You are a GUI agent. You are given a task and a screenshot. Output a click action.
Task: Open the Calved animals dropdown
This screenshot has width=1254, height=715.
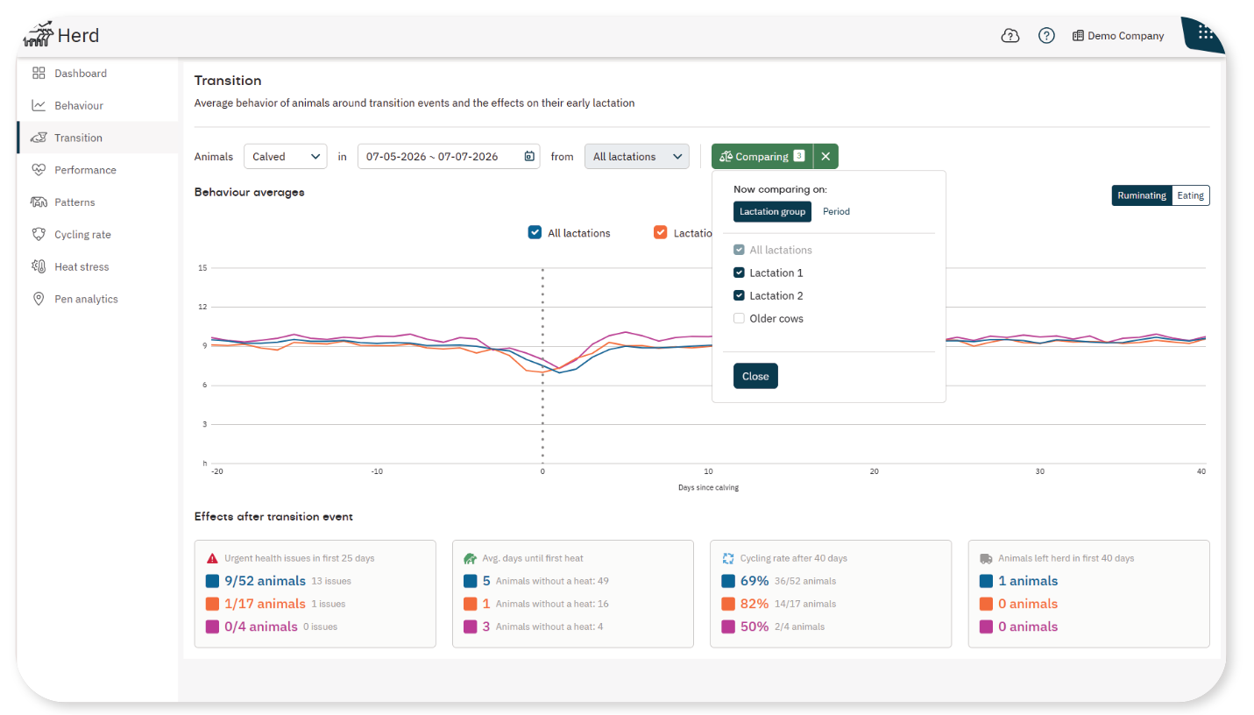tap(286, 156)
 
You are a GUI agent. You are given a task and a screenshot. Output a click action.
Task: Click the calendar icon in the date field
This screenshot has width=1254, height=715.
tap(529, 156)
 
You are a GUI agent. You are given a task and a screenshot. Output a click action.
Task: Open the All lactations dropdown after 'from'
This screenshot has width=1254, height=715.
tap(636, 156)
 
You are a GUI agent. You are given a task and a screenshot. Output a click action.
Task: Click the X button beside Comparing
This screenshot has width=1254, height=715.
tap(825, 156)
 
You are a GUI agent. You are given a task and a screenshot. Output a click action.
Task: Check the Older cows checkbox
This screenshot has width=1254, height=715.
tap(739, 319)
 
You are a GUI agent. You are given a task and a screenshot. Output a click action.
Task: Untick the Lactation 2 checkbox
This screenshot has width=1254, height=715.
tap(739, 295)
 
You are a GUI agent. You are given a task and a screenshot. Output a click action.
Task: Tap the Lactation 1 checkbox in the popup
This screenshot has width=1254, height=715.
tap(739, 273)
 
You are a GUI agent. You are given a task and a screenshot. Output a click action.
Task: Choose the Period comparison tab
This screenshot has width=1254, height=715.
tap(836, 212)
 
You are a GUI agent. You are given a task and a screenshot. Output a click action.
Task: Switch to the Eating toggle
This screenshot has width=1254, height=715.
tap(1190, 195)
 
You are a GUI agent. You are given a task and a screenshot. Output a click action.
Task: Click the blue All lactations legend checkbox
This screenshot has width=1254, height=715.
tap(535, 232)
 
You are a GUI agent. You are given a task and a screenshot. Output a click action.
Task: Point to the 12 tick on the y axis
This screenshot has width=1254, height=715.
tap(202, 307)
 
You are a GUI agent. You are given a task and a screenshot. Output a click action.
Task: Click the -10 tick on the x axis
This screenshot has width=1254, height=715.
tap(377, 471)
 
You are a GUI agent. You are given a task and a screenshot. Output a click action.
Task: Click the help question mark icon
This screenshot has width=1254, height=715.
tap(1046, 36)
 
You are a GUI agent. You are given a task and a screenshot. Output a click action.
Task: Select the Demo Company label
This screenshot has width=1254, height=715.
tap(1125, 36)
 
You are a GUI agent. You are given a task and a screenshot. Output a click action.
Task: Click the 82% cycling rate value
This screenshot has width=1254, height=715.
tap(755, 604)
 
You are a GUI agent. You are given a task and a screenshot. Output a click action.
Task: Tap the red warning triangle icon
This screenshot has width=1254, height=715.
tap(212, 558)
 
